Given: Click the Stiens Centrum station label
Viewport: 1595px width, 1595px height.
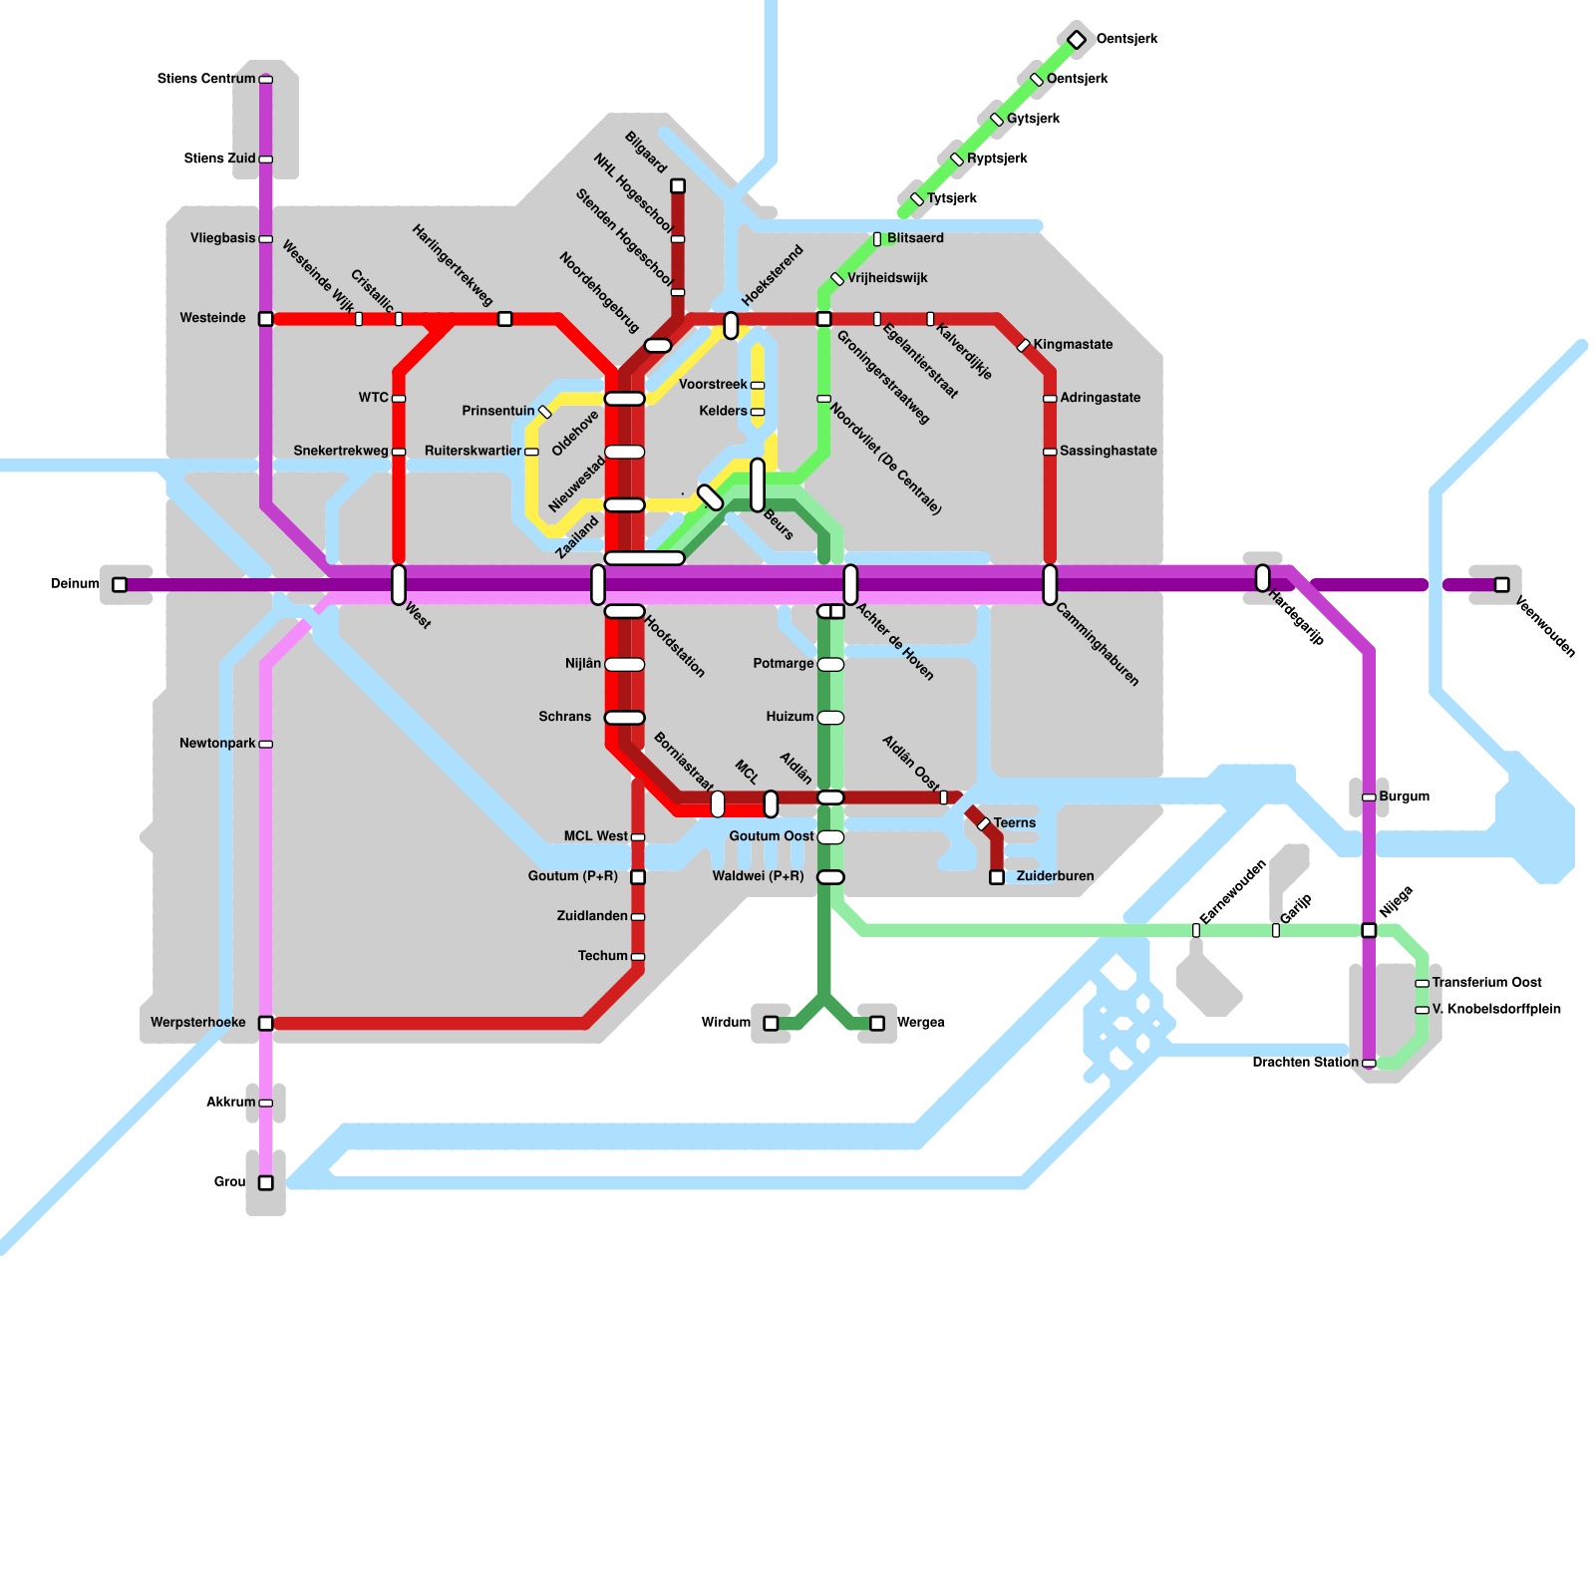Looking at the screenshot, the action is point(206,79).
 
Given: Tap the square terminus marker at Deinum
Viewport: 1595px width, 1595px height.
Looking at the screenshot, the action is point(120,585).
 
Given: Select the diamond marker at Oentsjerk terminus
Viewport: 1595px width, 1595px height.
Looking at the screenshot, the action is point(1077,40).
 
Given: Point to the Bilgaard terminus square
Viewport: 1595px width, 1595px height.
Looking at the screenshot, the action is point(678,186).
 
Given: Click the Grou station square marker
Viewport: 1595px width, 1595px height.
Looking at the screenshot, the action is point(266,1183).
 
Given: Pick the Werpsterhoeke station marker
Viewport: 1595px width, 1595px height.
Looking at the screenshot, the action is point(266,1024).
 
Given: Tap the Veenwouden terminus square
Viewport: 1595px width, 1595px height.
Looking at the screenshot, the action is point(1502,585).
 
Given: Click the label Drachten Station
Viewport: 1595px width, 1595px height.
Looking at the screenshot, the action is point(1305,1063).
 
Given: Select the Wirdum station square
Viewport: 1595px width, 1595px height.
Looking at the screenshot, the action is point(771,1024).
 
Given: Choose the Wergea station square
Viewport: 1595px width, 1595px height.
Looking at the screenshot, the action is point(877,1024).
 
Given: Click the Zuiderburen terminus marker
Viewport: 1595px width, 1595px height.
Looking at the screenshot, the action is point(997,877).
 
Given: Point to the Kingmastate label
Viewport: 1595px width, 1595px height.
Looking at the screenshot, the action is point(1073,345).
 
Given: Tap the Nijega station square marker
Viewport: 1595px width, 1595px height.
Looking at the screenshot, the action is point(1369,930).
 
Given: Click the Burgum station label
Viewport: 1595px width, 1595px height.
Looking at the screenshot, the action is point(1405,797).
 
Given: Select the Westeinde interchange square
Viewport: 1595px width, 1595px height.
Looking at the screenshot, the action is point(266,319).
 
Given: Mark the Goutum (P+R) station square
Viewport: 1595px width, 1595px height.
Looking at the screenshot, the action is point(638,877).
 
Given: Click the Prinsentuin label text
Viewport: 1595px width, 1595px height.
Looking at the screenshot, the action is point(498,411).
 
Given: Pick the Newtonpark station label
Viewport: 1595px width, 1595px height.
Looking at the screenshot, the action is point(217,744).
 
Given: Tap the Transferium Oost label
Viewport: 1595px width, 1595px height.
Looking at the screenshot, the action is point(1487,983).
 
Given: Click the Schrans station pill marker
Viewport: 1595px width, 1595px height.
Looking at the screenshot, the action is point(625,718).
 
